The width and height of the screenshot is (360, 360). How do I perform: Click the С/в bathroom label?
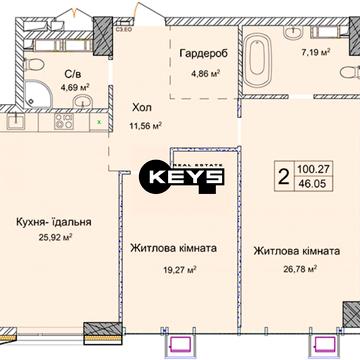click(72, 73)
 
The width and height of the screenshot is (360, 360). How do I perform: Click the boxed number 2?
click(284, 179)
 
